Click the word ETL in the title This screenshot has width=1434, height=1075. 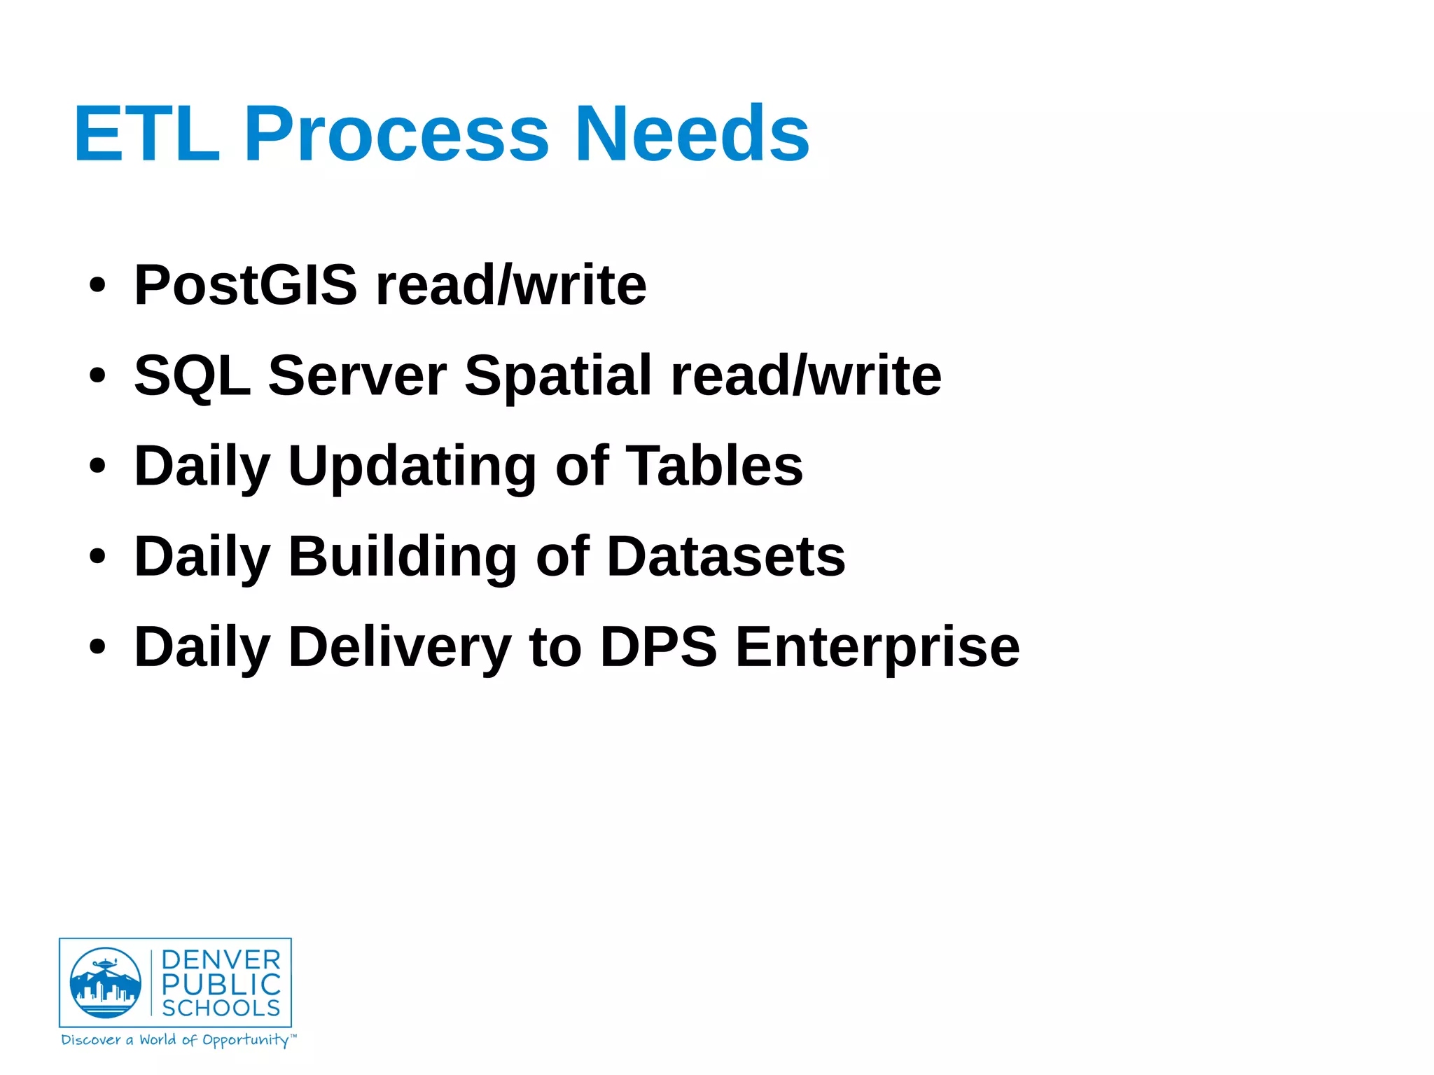pyautogui.click(x=147, y=133)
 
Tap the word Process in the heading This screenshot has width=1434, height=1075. pyautogui.click(x=396, y=133)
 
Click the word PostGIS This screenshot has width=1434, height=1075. pyautogui.click(x=245, y=285)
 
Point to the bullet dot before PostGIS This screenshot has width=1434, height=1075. pyautogui.click(x=97, y=286)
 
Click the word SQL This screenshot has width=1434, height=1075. pyautogui.click(x=192, y=376)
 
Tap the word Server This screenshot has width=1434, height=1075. pyautogui.click(x=357, y=376)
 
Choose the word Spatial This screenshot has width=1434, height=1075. pyautogui.click(x=558, y=376)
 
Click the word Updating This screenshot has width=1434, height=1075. pyautogui.click(x=412, y=466)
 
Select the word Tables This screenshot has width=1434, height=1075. pyautogui.click(x=714, y=466)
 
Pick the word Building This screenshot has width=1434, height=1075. pyautogui.click(x=402, y=557)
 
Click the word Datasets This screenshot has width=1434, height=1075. pyautogui.click(x=726, y=557)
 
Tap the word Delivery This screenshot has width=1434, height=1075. pyautogui.click(x=400, y=647)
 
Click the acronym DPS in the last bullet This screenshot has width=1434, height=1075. pyautogui.click(x=658, y=647)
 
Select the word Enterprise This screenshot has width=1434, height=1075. pyautogui.click(x=877, y=647)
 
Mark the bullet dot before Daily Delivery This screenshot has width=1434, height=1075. pyautogui.click(x=97, y=647)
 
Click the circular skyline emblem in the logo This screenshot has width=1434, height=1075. pyautogui.click(x=105, y=983)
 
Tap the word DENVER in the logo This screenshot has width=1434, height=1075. pyautogui.click(x=221, y=960)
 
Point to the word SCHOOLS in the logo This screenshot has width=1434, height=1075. pyautogui.click(x=221, y=1008)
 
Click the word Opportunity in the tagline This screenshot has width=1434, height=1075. pyautogui.click(x=245, y=1040)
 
